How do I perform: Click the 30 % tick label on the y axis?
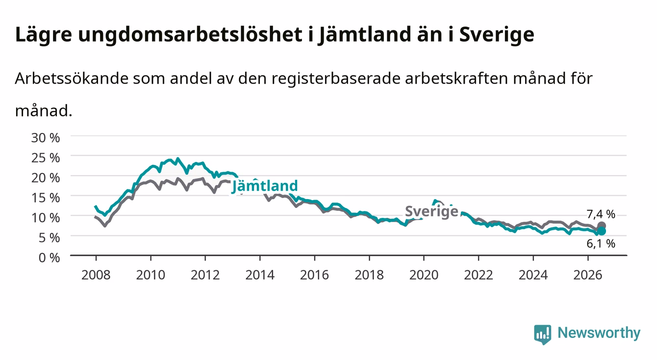(46, 138)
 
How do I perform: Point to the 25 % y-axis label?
(46, 158)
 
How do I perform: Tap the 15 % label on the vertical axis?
(46, 198)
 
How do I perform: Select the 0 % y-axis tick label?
(49, 257)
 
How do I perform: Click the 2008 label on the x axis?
(96, 275)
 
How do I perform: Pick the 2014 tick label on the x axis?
(260, 275)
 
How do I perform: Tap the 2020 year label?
(424, 275)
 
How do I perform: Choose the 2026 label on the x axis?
(588, 275)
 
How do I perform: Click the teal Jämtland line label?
(265, 186)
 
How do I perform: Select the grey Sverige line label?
(431, 211)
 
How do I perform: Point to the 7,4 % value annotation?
(601, 214)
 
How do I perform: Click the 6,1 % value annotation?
(601, 244)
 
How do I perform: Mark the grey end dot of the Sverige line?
(602, 226)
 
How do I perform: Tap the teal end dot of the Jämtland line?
(602, 231)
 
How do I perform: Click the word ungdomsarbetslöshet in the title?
(190, 35)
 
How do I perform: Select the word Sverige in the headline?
(497, 35)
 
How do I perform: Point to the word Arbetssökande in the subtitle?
(72, 78)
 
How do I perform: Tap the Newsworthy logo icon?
(543, 334)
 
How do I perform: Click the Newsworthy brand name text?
(599, 333)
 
